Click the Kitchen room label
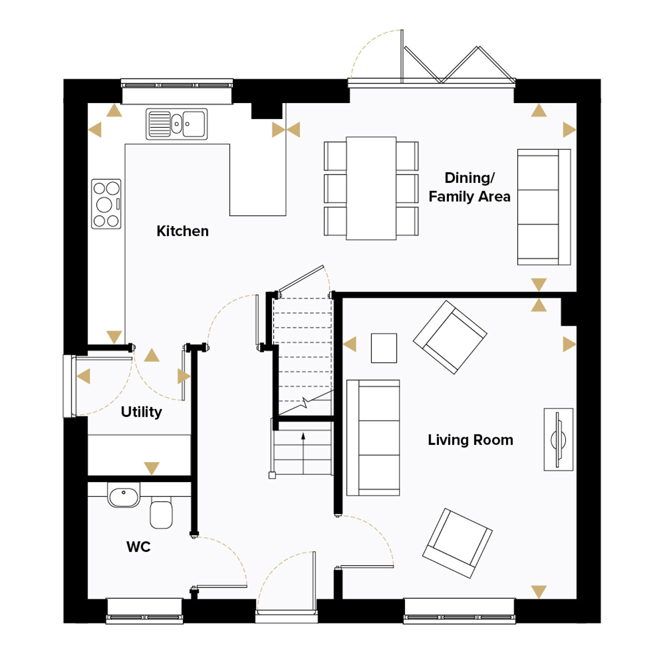click(x=182, y=231)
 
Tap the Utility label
click(x=141, y=412)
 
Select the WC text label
click(x=139, y=547)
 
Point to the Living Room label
click(x=470, y=440)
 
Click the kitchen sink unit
click(x=177, y=124)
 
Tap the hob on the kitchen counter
click(x=106, y=204)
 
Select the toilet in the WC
click(x=161, y=513)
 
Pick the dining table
click(x=371, y=188)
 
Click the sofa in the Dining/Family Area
click(x=544, y=207)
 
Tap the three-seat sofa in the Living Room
click(x=373, y=438)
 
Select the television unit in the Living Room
click(x=559, y=439)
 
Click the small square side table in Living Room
click(x=383, y=348)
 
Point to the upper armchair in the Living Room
click(x=450, y=337)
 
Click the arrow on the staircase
click(x=303, y=453)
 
